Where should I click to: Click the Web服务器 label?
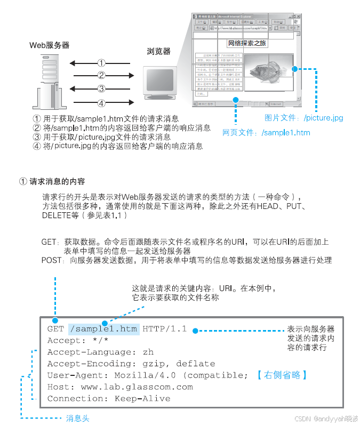pyautogui.click(x=49, y=45)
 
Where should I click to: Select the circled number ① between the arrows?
pyautogui.click(x=101, y=62)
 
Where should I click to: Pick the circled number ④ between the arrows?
pyautogui.click(x=101, y=102)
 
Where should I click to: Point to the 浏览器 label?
pyautogui.click(x=159, y=51)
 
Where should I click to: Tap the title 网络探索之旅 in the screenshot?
pyautogui.click(x=247, y=43)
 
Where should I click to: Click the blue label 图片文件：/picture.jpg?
pyautogui.click(x=304, y=117)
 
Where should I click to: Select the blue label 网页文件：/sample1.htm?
pyautogui.click(x=266, y=133)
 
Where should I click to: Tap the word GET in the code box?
pyautogui.click(x=55, y=328)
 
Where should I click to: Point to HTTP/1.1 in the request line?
pyautogui.click(x=164, y=328)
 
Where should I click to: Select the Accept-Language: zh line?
pyautogui.click(x=100, y=352)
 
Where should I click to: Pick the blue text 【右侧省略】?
pyautogui.click(x=281, y=375)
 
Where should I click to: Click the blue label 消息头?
pyautogui.click(x=78, y=418)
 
